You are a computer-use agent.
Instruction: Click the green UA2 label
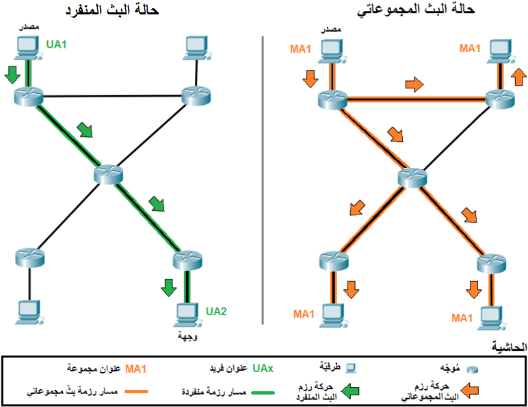coord(216,311)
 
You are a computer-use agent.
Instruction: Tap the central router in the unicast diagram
coord(108,173)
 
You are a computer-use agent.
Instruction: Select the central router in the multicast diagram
coord(412,177)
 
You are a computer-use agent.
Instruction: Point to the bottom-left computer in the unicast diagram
coord(29,312)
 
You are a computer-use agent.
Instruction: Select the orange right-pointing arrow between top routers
coord(414,84)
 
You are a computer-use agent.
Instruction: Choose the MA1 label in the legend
coord(136,369)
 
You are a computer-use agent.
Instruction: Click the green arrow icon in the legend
coord(350,392)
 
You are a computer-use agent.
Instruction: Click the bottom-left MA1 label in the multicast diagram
coord(303,314)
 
